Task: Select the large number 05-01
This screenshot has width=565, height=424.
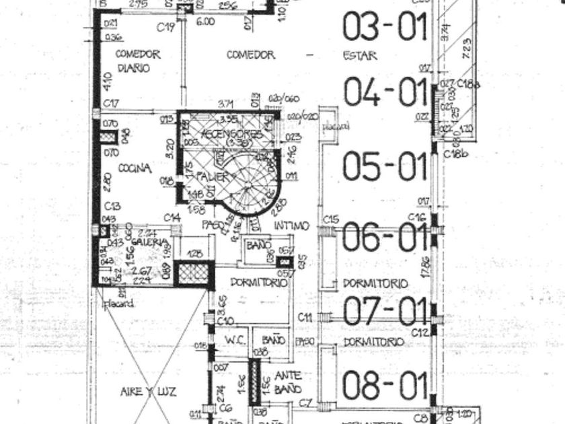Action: [x=385, y=167]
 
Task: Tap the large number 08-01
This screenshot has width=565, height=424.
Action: [x=385, y=386]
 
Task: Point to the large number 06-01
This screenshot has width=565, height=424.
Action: [x=385, y=237]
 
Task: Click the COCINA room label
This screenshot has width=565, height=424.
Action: [x=135, y=168]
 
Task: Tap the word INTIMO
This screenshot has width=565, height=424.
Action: [x=291, y=225]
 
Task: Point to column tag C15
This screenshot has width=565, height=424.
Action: [x=330, y=219]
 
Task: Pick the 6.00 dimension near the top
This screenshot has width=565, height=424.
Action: [x=205, y=21]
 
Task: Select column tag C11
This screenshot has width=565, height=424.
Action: [x=305, y=317]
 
